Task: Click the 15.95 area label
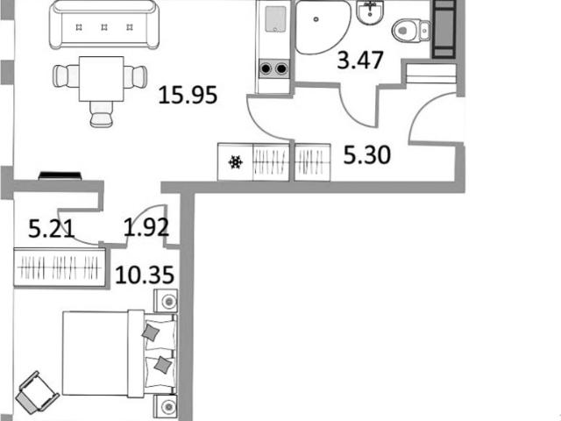188,96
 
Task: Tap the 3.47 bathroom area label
360,60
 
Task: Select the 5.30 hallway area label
366,155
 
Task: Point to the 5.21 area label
52,229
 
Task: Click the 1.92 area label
146,227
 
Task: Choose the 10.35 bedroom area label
145,275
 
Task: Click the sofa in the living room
104,25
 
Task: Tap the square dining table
102,79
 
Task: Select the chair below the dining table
102,114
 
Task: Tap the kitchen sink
276,18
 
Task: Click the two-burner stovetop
273,68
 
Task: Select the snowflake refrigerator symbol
236,162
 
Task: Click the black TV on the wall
60,175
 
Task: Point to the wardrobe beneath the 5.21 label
60,268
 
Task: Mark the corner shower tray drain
316,19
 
